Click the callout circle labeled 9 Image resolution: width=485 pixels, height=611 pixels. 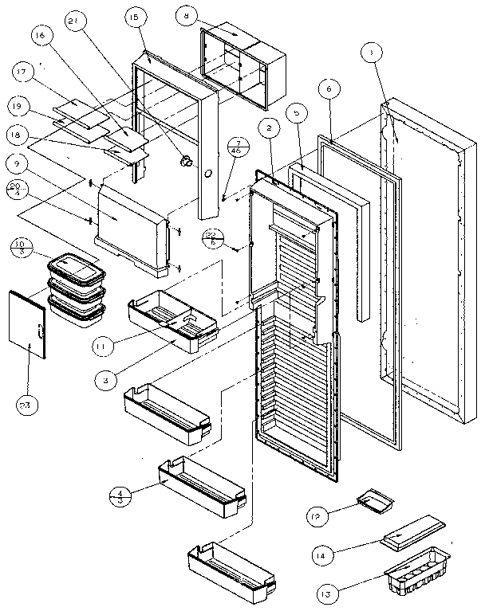click(x=16, y=162)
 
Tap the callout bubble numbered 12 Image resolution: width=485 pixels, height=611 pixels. click(x=317, y=517)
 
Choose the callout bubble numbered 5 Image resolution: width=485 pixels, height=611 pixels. click(x=296, y=115)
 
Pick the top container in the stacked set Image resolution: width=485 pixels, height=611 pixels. click(x=77, y=265)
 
